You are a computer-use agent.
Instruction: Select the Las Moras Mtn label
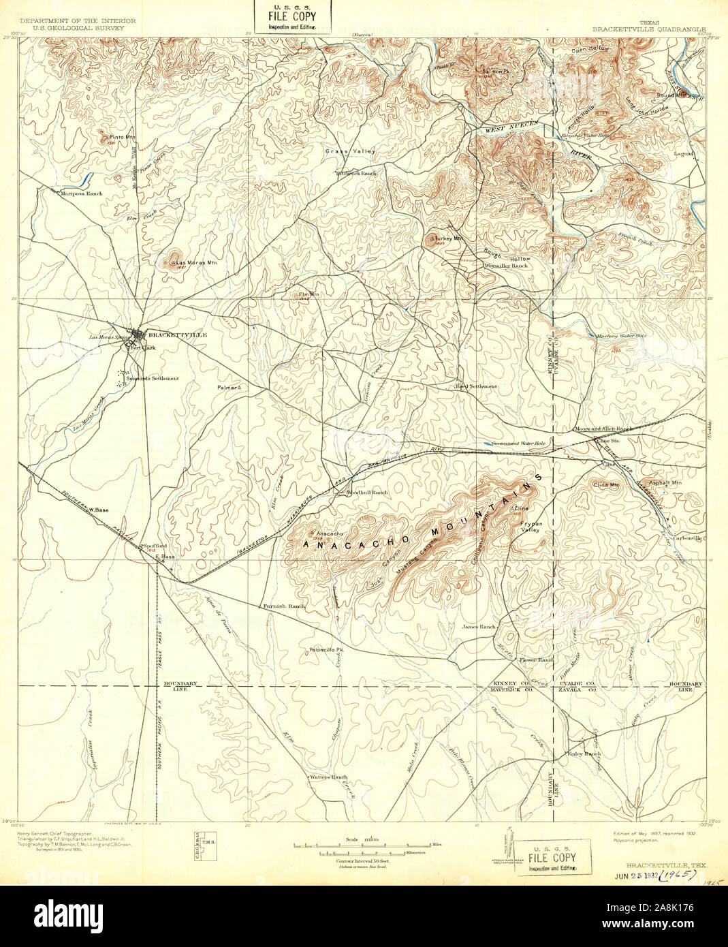(x=191, y=262)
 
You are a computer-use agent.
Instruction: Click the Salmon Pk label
(x=496, y=71)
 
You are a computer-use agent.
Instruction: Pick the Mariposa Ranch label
(x=81, y=193)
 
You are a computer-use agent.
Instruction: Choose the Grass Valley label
(x=350, y=151)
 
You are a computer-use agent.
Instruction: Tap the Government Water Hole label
(x=519, y=444)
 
